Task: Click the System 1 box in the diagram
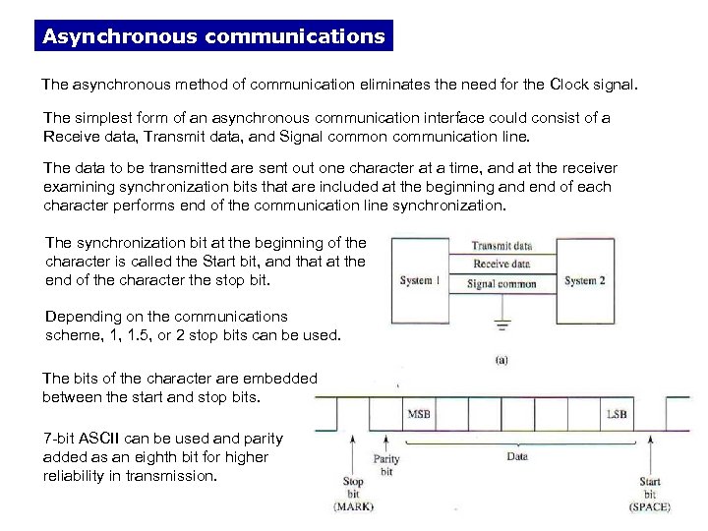(x=418, y=281)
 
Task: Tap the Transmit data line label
(x=502, y=246)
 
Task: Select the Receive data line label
(x=502, y=265)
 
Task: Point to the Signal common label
(x=502, y=284)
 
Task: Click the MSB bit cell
(x=418, y=415)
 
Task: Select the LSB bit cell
(x=618, y=415)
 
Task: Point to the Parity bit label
(x=385, y=464)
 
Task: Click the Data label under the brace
(x=515, y=456)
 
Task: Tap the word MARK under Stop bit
(x=353, y=506)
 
